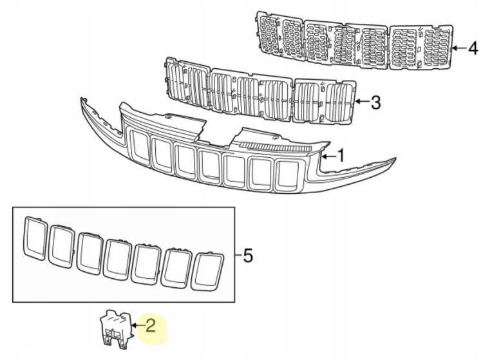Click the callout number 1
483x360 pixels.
(341, 155)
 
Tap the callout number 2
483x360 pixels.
(150, 325)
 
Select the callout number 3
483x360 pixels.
(375, 102)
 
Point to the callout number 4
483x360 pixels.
(473, 48)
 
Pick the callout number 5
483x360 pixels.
(248, 256)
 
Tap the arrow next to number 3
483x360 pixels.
(362, 101)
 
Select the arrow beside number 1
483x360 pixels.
(328, 156)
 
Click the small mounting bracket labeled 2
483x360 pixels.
(117, 329)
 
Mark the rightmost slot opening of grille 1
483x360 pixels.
(287, 176)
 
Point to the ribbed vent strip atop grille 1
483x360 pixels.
(275, 147)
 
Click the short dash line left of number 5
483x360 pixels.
(238, 255)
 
